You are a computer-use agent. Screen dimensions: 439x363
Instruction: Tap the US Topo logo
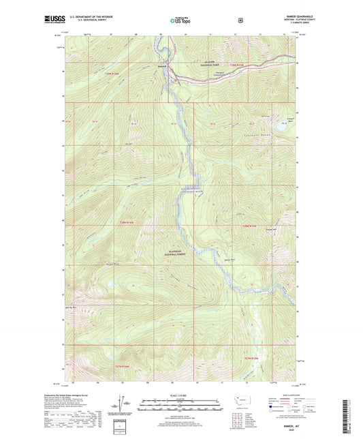point(180,20)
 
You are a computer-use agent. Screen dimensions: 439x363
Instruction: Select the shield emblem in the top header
point(240,20)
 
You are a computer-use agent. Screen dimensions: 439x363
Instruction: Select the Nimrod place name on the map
point(162,66)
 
